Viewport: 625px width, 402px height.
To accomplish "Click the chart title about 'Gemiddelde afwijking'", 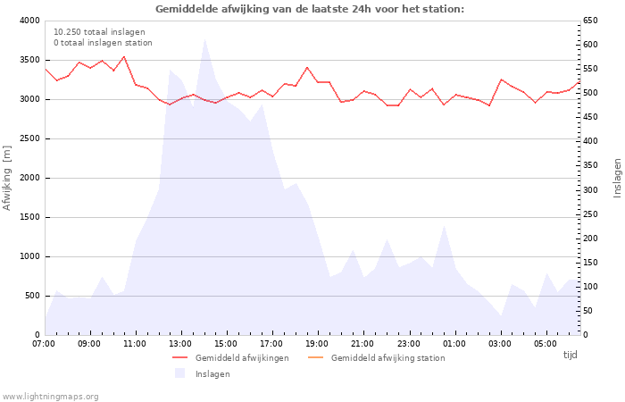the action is tap(310, 9).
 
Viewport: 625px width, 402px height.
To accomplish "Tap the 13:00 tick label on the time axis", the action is tap(180, 344).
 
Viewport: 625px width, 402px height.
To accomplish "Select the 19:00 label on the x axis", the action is tap(317, 344).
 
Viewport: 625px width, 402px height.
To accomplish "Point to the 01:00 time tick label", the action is tap(454, 344).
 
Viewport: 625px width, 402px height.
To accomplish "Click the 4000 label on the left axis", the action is tap(29, 21).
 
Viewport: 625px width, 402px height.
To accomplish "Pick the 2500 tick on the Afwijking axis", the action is tap(29, 138).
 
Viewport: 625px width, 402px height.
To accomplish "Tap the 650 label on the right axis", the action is tap(590, 21).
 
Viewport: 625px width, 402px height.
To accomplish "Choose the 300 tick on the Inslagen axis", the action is tap(590, 189).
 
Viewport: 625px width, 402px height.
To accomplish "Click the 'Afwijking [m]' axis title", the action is tap(7, 178).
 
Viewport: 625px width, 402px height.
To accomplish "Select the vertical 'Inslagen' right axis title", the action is tap(617, 178).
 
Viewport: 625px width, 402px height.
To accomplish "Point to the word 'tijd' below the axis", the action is tap(570, 355).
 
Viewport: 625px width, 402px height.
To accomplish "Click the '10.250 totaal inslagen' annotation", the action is tap(99, 32).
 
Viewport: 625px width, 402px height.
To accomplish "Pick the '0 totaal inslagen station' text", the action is tap(103, 43).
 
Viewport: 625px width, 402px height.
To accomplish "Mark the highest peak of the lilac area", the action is tap(204, 39).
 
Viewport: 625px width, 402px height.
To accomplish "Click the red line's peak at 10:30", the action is tap(124, 56).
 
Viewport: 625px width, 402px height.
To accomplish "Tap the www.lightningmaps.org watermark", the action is tap(50, 397).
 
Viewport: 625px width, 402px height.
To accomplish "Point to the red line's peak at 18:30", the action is tap(307, 67).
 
